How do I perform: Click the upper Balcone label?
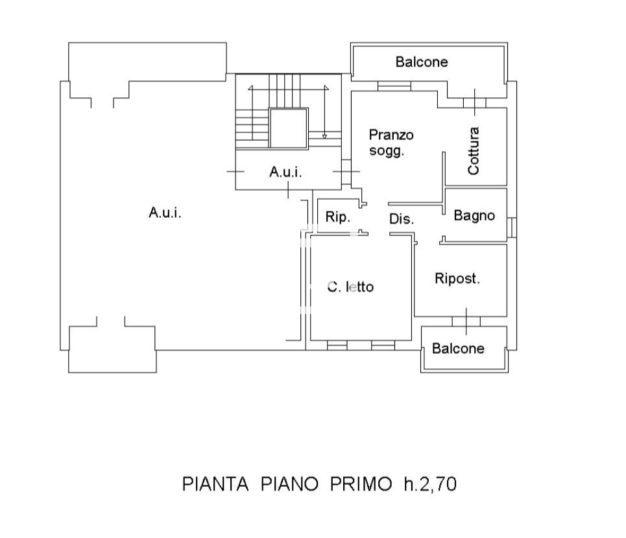click(422, 62)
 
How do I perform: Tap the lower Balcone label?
click(458, 349)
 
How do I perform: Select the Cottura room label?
click(474, 151)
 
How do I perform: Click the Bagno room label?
click(474, 216)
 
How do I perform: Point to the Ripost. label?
click(457, 279)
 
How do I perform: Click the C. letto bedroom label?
click(350, 287)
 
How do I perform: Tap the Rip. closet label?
click(337, 218)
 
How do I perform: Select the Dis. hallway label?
click(402, 220)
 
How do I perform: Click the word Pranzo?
click(391, 135)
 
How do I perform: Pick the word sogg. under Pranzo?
click(387, 152)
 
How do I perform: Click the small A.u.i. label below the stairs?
click(286, 172)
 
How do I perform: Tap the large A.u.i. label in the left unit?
click(165, 212)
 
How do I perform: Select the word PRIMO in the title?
click(359, 484)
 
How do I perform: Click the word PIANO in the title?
click(289, 484)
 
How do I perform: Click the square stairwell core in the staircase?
click(288, 128)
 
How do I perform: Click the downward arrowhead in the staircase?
click(324, 136)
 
